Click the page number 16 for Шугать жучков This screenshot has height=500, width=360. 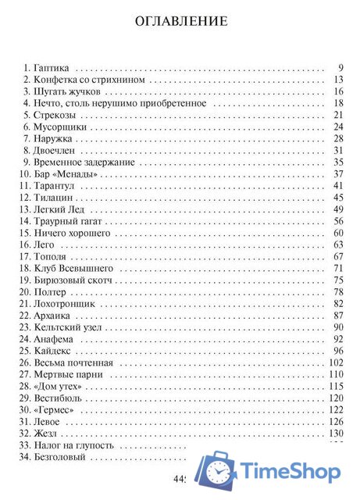(x=338, y=91)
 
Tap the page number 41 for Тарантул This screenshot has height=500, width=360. (x=338, y=185)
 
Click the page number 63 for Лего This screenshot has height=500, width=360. (x=338, y=245)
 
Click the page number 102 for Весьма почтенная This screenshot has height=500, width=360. (x=337, y=362)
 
